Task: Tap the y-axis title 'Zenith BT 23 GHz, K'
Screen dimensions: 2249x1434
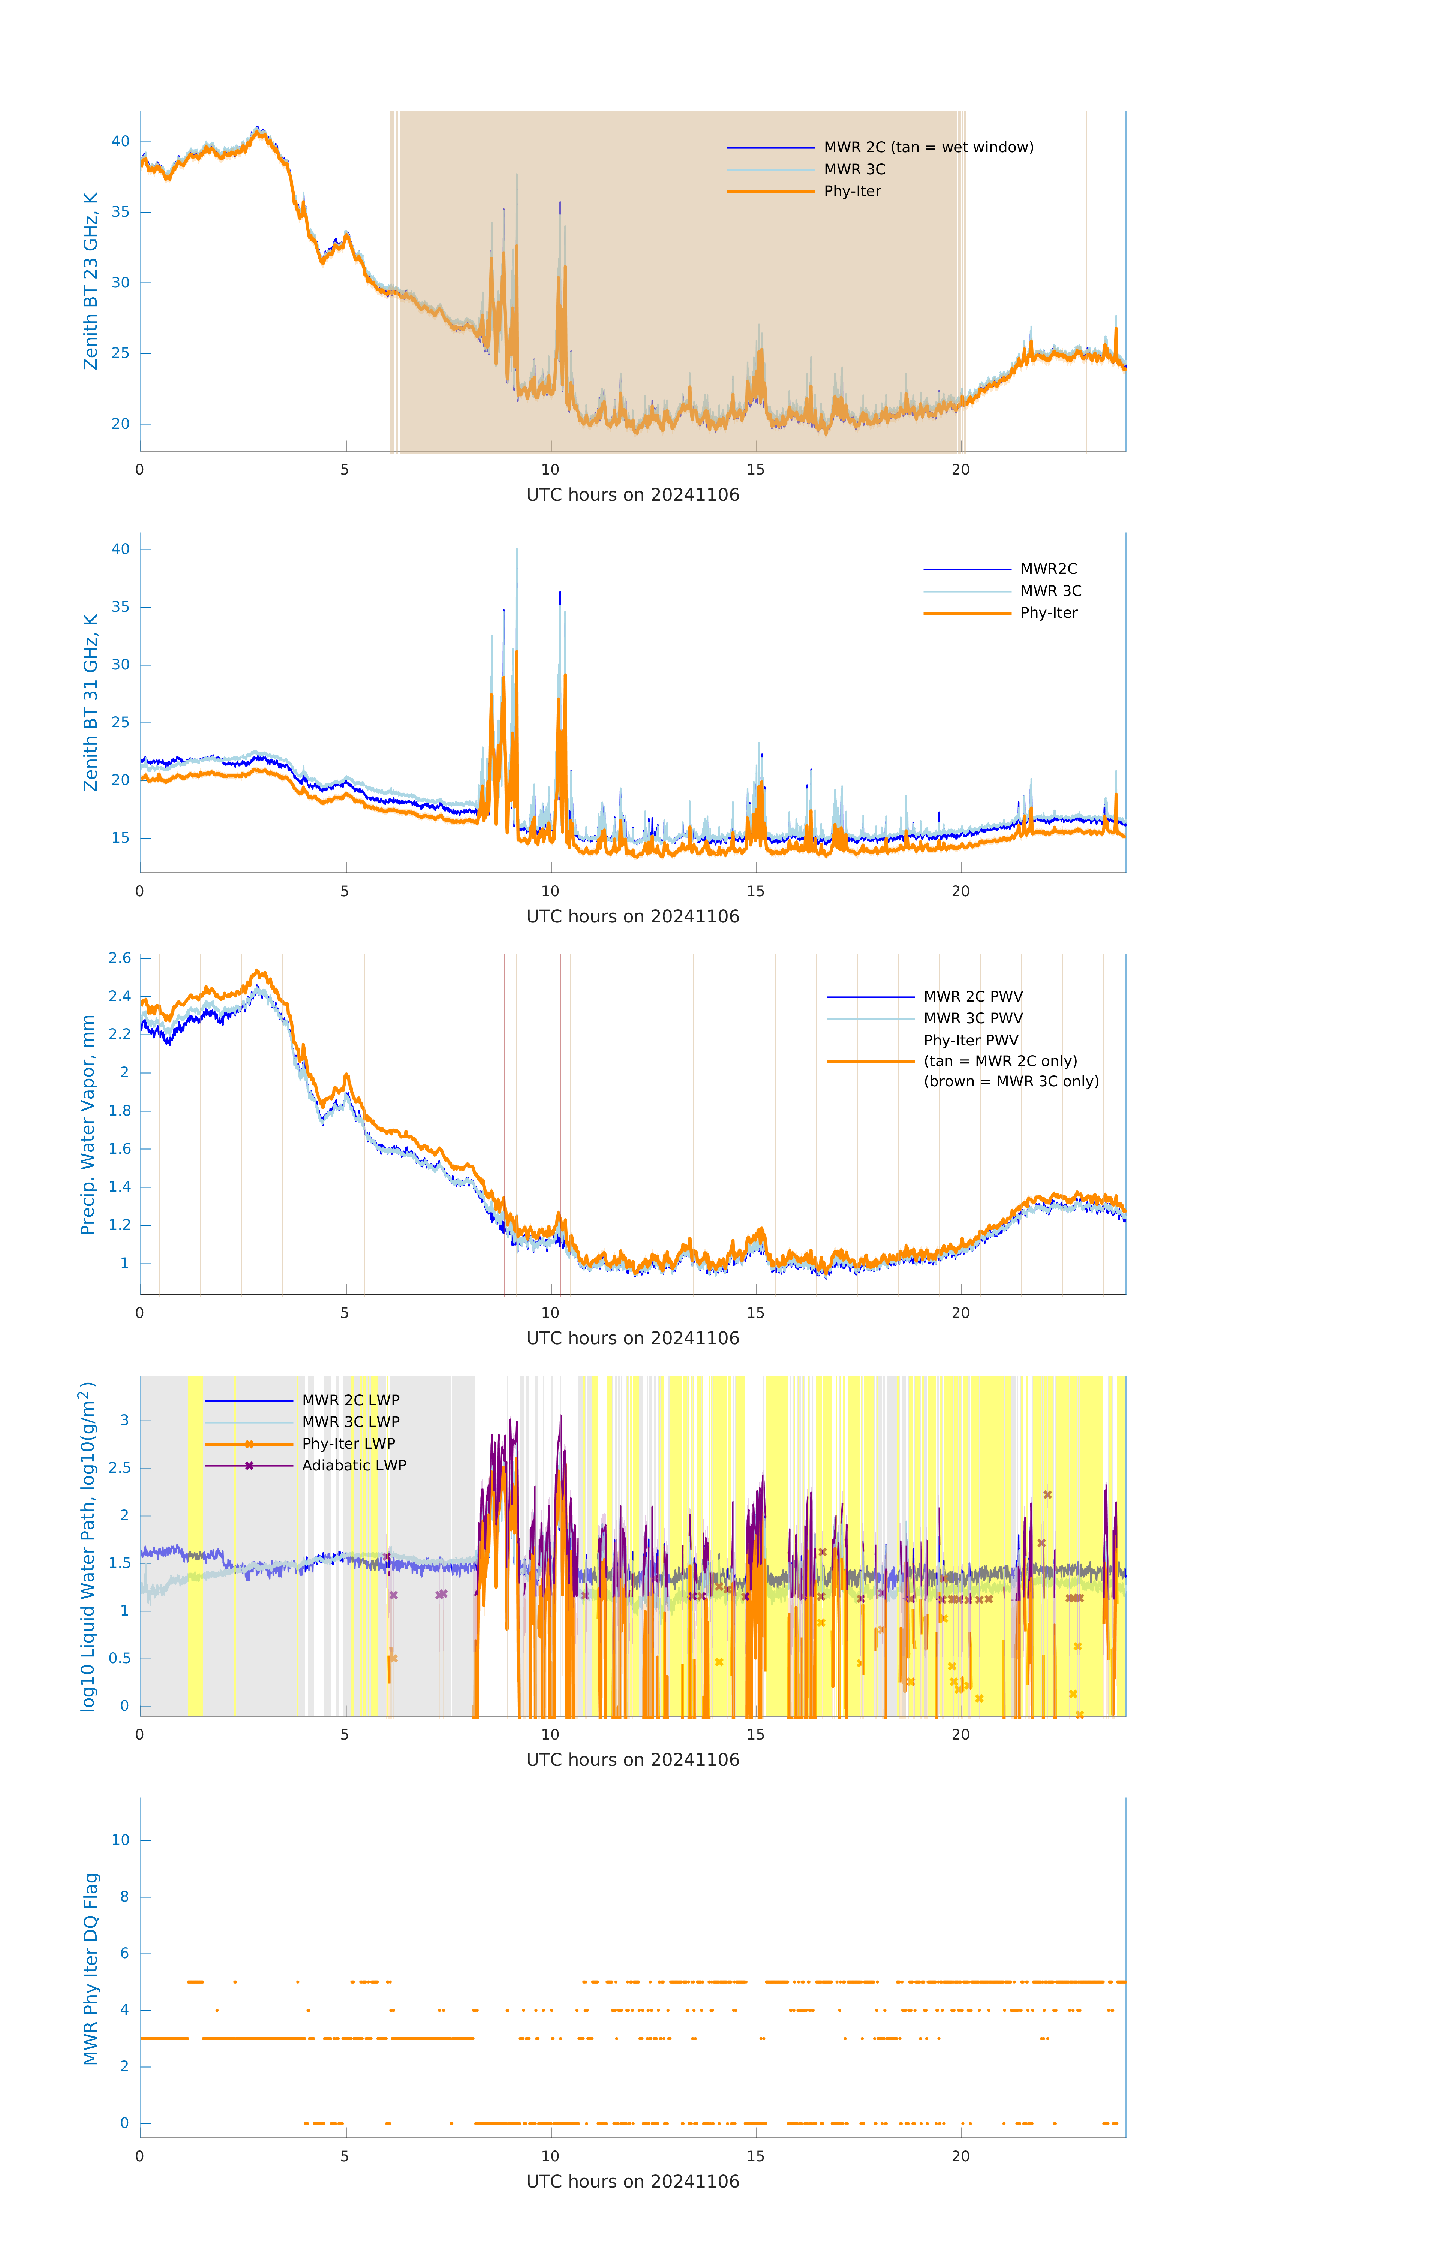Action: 91,281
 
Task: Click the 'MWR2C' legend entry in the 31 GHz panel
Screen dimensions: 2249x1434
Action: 1048,569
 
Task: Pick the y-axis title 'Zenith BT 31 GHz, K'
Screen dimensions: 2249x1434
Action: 91,702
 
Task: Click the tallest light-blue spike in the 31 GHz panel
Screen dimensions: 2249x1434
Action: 517,551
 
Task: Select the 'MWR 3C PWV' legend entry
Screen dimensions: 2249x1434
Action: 972,1018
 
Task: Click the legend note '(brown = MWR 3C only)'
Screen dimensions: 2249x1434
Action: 1011,1081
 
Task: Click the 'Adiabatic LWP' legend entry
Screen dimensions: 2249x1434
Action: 354,1465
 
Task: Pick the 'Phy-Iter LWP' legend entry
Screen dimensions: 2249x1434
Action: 348,1444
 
